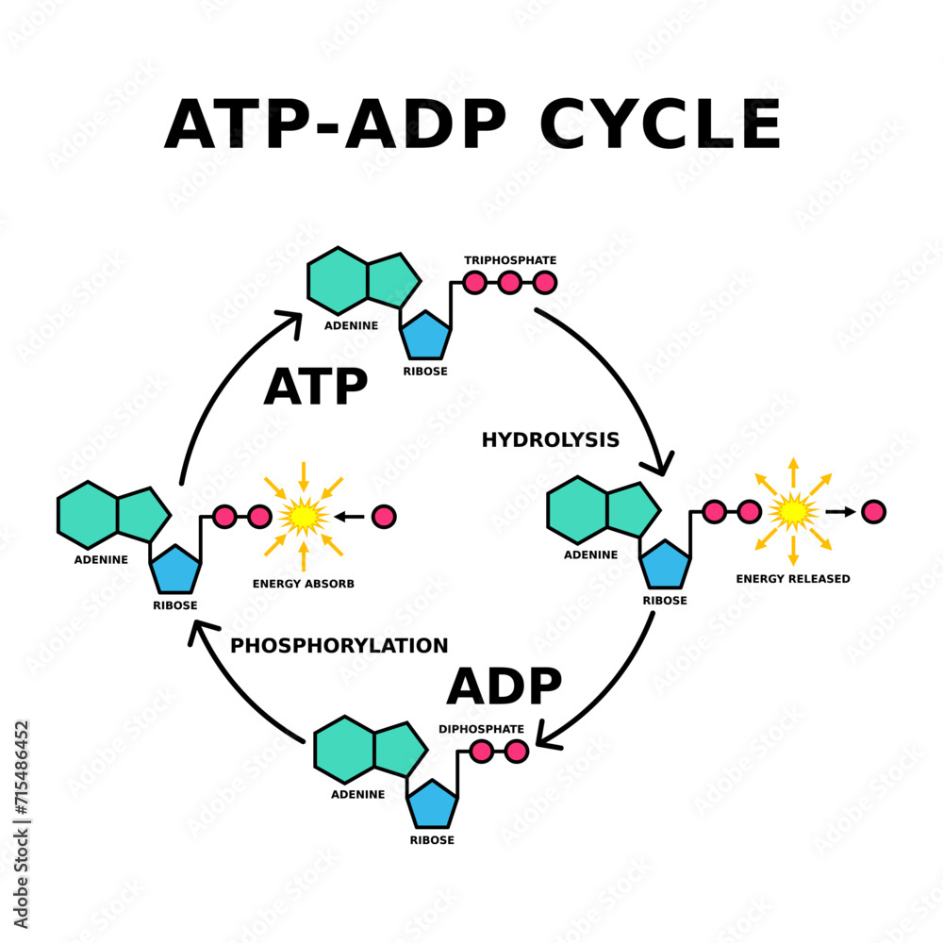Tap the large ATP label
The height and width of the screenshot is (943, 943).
(x=315, y=387)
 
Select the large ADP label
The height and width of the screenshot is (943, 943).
(x=505, y=686)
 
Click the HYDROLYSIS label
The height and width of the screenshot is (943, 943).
(x=550, y=439)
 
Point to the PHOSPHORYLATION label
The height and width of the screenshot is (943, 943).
(x=339, y=646)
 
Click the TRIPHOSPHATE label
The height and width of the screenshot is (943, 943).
(x=510, y=259)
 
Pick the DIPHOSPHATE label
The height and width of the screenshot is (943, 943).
(x=481, y=728)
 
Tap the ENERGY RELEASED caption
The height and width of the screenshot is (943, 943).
(x=793, y=578)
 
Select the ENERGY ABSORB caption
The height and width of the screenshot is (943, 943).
(x=304, y=584)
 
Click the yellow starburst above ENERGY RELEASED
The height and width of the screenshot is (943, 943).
(x=793, y=511)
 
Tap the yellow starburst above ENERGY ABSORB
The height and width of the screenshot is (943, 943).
(x=304, y=516)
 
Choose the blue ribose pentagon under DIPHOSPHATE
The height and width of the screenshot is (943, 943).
(x=433, y=804)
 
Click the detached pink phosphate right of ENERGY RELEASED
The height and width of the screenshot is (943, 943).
(x=874, y=511)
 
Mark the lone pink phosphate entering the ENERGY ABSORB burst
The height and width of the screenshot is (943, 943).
(x=384, y=517)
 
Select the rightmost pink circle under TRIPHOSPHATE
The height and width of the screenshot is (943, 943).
(x=544, y=282)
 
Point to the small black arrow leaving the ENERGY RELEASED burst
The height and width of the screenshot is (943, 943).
(x=840, y=511)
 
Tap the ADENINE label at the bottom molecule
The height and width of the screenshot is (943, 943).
(x=357, y=794)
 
